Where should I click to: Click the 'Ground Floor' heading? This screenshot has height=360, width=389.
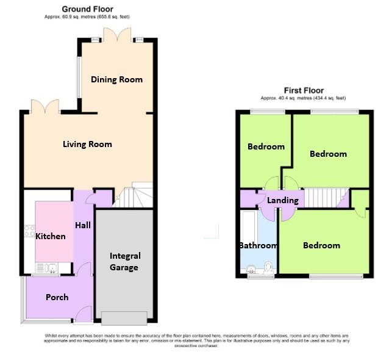(87, 9)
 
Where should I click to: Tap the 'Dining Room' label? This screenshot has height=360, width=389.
(116, 79)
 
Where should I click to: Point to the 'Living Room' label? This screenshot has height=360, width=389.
(87, 144)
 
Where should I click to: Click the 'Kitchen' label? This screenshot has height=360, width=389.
(50, 236)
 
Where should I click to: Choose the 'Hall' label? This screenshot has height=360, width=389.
(83, 225)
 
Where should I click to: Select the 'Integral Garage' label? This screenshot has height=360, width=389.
(125, 261)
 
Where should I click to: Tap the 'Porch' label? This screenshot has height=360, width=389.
(58, 297)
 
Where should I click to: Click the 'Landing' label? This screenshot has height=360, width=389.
(283, 200)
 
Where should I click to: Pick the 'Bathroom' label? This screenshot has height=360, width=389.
(258, 245)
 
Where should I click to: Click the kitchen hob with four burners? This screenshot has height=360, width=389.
(29, 231)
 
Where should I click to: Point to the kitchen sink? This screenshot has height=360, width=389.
(47, 267)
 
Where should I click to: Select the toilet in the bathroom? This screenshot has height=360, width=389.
(268, 267)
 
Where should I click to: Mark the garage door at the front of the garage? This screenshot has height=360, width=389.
(124, 316)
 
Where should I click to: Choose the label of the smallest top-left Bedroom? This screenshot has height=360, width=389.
(266, 146)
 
